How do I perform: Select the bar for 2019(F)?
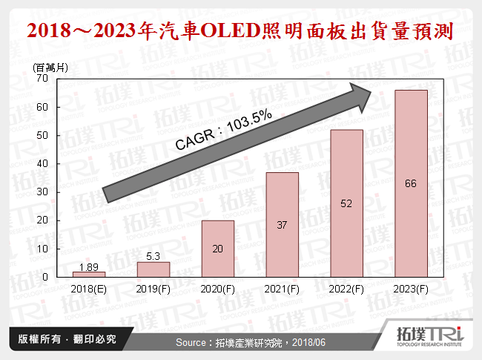153,269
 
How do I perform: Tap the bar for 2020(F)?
218,249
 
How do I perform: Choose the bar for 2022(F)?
347,203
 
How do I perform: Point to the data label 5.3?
153,256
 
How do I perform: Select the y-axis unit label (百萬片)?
50,67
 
